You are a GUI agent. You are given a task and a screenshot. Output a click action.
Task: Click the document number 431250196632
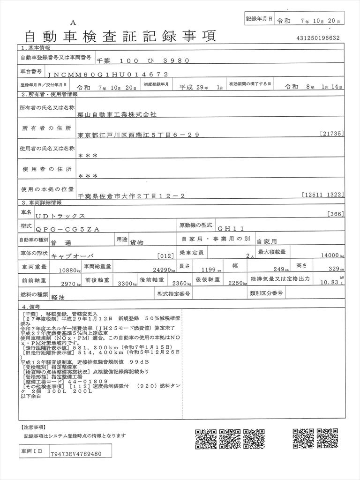click(318, 38)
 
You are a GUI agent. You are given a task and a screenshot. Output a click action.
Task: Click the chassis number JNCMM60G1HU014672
click(108, 74)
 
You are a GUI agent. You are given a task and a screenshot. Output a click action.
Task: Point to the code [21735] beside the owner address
click(333, 134)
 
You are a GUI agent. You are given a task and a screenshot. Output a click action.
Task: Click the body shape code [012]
click(166, 256)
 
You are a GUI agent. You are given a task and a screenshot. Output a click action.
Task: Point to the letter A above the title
click(73, 23)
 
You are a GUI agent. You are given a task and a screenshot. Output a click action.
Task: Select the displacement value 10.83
click(329, 283)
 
